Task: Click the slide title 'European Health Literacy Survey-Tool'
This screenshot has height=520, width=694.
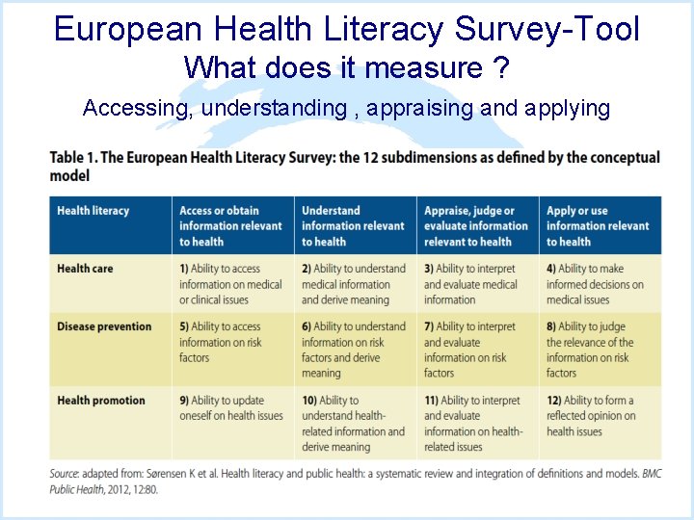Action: (x=347, y=29)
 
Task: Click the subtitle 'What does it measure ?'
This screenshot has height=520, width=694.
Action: (x=347, y=67)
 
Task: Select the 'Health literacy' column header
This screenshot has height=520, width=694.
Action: (x=93, y=211)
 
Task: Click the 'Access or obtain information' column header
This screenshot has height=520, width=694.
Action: (x=230, y=225)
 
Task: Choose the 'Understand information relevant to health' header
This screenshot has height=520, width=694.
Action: (x=353, y=225)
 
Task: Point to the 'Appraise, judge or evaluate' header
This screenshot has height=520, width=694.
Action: (x=476, y=225)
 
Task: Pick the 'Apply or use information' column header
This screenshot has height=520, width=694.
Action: (x=598, y=225)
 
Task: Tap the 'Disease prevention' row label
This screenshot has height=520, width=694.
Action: (x=104, y=326)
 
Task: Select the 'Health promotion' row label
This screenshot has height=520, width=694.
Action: (x=101, y=401)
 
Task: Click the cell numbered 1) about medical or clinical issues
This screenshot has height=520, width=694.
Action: (x=230, y=284)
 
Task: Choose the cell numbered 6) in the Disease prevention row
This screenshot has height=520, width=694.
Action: (x=353, y=350)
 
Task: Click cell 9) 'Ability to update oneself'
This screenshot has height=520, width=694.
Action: (x=231, y=408)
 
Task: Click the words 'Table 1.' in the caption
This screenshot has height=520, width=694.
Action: (x=73, y=158)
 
